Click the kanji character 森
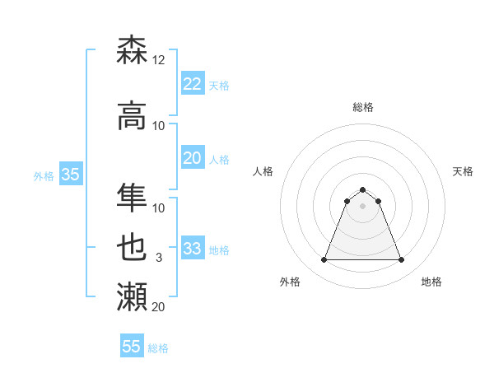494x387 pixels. tap(132, 50)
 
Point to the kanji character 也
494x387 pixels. tap(132, 248)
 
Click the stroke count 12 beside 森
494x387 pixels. tap(159, 60)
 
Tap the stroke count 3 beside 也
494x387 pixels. tap(159, 258)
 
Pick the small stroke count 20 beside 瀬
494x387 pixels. tap(159, 307)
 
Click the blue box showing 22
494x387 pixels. tap(192, 84)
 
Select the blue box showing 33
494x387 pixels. tap(192, 249)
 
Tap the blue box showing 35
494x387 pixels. tap(70, 175)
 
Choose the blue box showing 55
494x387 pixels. tap(132, 347)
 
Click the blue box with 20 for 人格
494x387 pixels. tap(192, 158)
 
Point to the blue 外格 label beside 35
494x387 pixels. tap(44, 175)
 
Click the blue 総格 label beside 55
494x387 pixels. tap(158, 348)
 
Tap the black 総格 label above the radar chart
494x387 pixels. tap(362, 107)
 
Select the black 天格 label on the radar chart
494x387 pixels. tap(463, 171)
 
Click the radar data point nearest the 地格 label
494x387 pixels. tap(401, 260)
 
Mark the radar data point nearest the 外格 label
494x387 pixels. tap(324, 260)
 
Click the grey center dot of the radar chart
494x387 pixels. tap(362, 206)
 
